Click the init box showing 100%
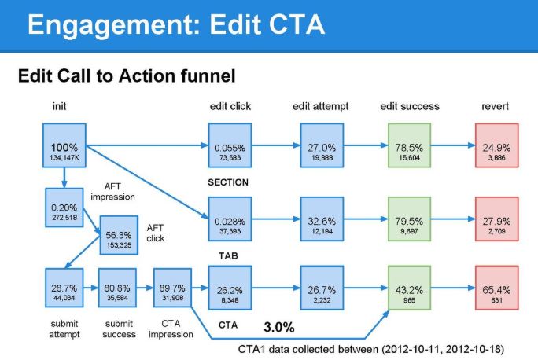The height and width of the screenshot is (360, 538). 64,146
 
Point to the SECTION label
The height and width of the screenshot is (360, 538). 228,182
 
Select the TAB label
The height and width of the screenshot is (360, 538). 228,256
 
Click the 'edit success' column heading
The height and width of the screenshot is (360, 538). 409,106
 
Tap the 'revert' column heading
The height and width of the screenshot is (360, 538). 496,106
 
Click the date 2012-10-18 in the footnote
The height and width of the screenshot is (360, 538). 473,347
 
